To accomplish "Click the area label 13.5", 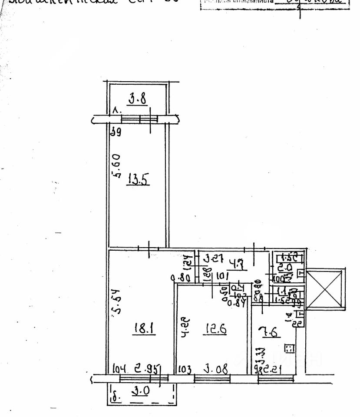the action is pyautogui.click(x=138, y=179).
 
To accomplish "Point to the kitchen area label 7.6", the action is pyautogui.click(x=270, y=332).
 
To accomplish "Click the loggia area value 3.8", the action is pyautogui.click(x=137, y=99).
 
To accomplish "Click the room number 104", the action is pyautogui.click(x=119, y=370).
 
